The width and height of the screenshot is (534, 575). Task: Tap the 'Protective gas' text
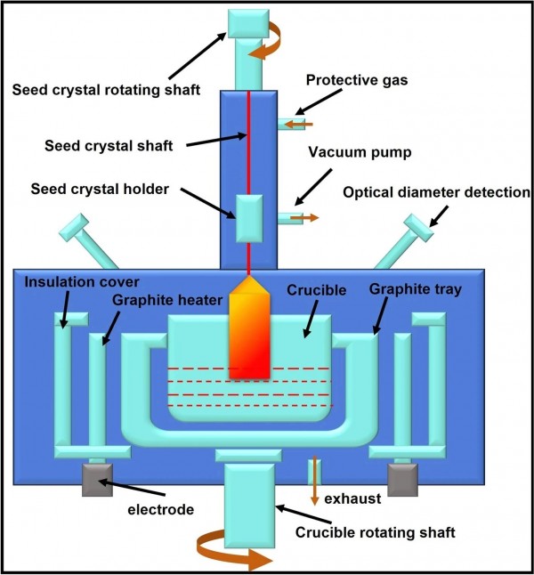(x=356, y=81)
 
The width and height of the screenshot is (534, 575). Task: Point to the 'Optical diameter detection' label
(x=435, y=191)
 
